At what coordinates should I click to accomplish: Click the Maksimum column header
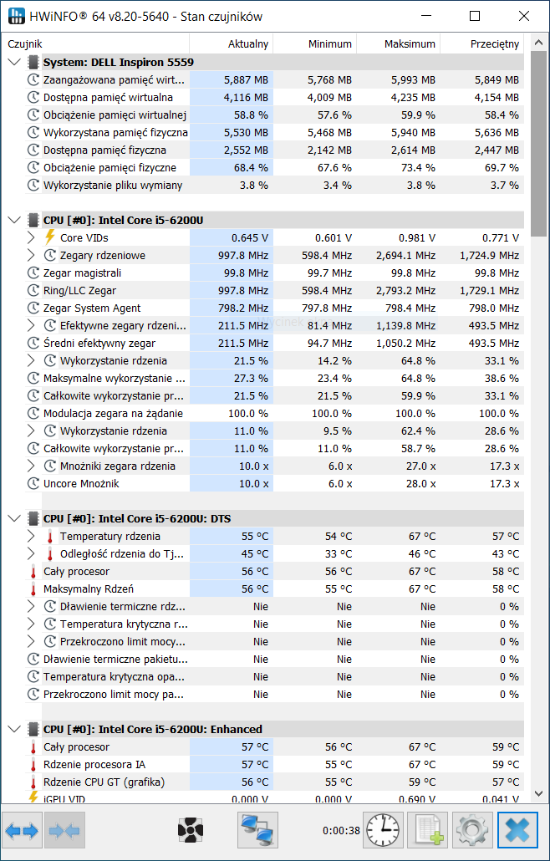click(410, 44)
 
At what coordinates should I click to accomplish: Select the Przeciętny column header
click(495, 44)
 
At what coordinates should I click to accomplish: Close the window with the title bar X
click(523, 17)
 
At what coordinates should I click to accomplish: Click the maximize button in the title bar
click(475, 17)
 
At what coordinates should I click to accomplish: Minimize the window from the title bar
click(425, 17)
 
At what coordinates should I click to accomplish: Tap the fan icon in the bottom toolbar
click(191, 830)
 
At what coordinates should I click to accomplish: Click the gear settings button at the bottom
click(472, 830)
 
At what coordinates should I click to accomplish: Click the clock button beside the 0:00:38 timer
click(383, 830)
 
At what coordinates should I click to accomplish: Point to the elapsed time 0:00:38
click(341, 830)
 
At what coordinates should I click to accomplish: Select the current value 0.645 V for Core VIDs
click(250, 237)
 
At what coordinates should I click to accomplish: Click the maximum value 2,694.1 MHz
click(405, 255)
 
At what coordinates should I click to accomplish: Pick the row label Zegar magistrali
click(83, 273)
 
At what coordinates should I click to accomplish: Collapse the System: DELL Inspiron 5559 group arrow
click(15, 62)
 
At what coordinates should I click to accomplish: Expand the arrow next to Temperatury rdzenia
click(31, 537)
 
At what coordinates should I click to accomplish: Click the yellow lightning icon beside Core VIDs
click(49, 237)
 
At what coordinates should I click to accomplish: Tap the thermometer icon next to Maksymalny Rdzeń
click(33, 589)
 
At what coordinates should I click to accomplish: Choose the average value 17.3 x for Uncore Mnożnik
click(504, 484)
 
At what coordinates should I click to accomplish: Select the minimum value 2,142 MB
click(330, 150)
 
